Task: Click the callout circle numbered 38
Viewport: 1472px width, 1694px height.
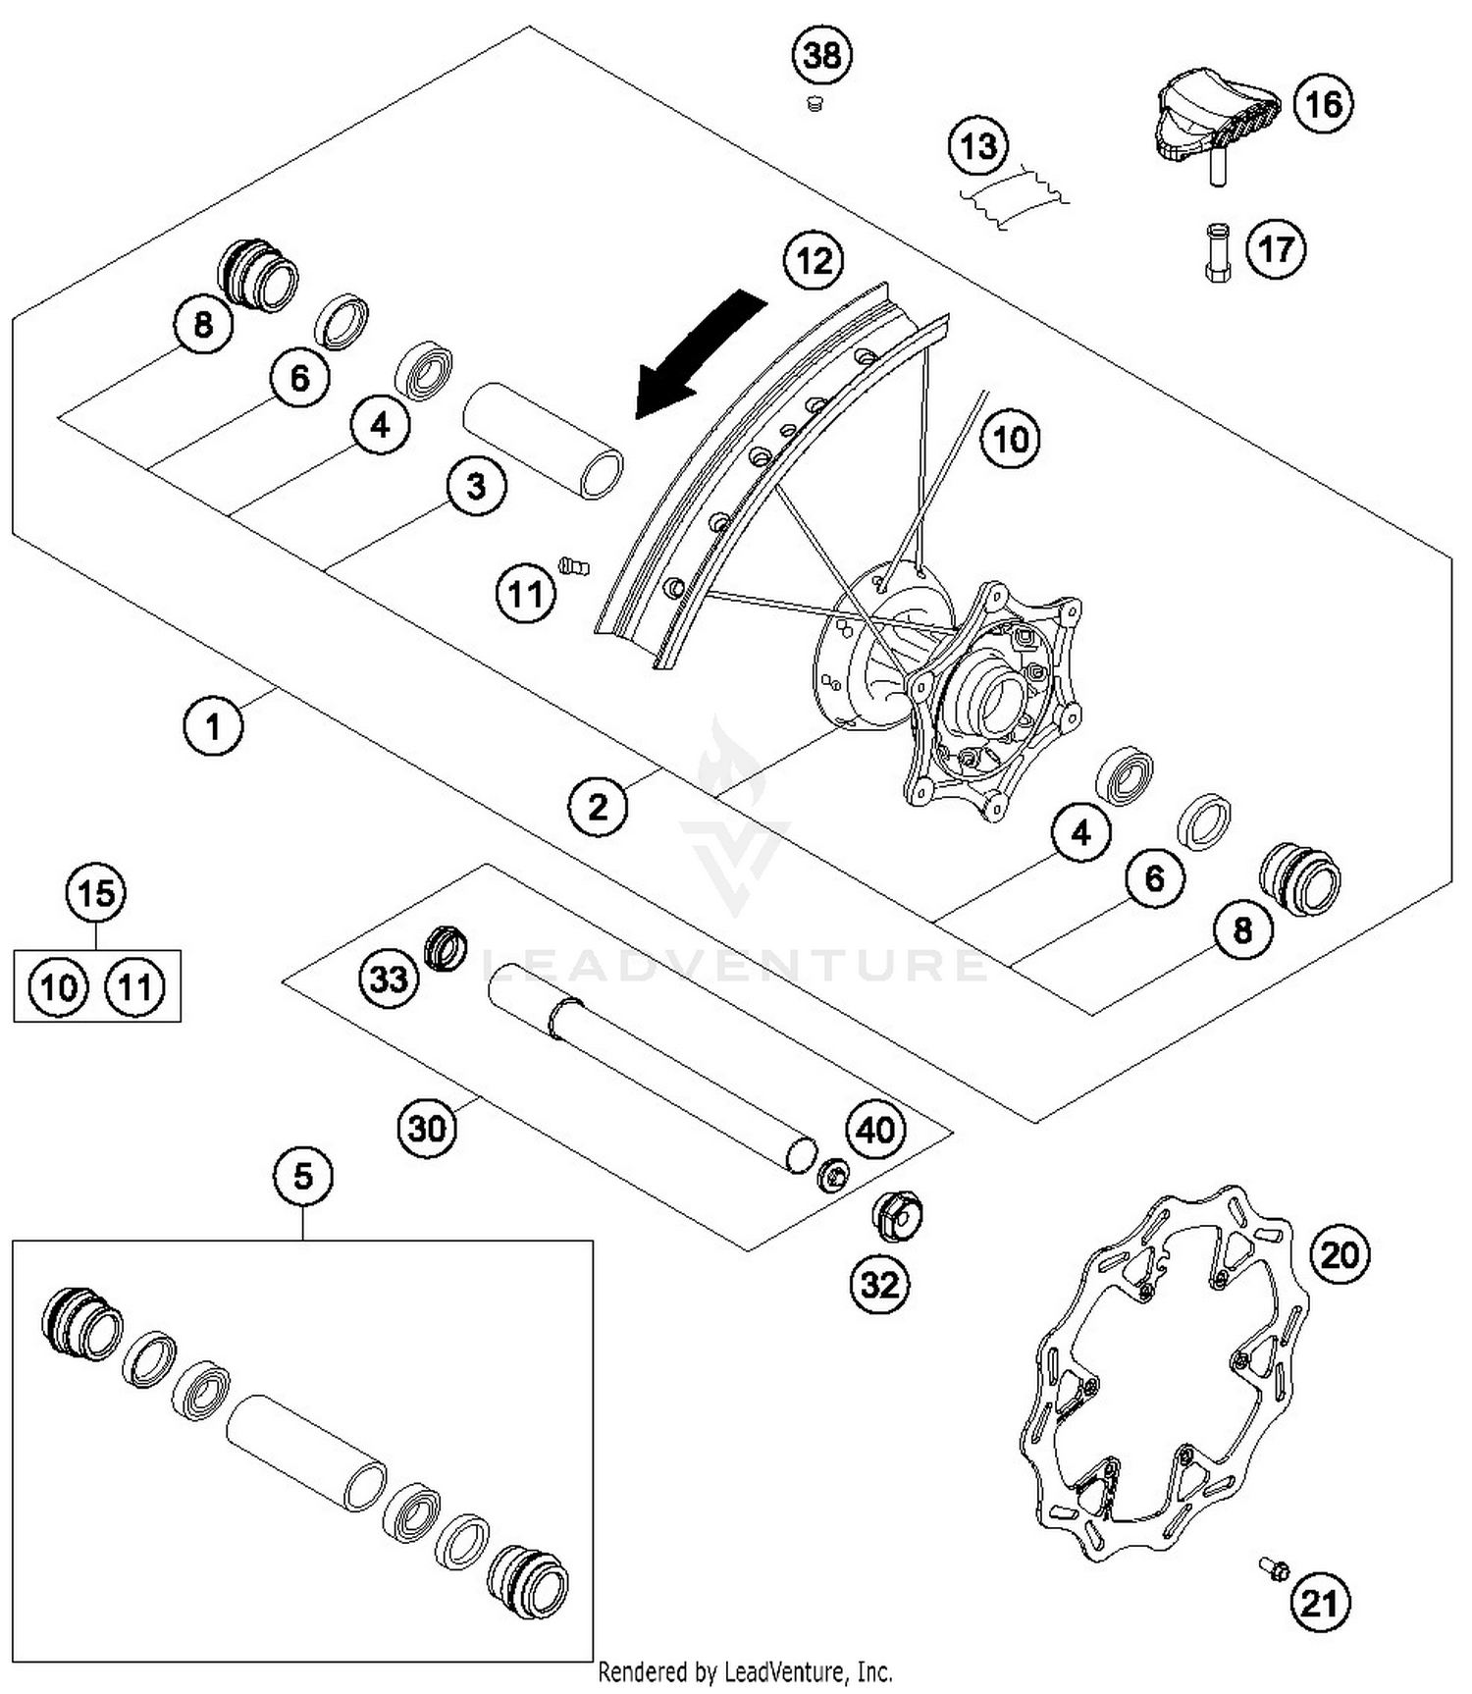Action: click(822, 56)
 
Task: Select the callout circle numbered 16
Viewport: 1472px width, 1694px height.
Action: click(1323, 103)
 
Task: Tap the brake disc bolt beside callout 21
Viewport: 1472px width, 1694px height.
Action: click(1276, 1568)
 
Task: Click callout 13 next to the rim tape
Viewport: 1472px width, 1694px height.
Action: click(978, 147)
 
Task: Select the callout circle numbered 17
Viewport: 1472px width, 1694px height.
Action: click(1276, 249)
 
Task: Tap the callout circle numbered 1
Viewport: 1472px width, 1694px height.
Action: click(213, 726)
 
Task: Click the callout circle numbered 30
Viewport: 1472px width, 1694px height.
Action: click(427, 1129)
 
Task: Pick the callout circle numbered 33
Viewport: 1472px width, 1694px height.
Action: click(389, 978)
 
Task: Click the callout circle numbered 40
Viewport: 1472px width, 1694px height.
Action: click(875, 1130)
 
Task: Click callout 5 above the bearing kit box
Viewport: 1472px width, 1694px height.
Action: click(302, 1175)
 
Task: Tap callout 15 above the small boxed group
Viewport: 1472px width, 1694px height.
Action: click(96, 893)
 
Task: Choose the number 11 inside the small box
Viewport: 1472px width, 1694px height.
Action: click(134, 986)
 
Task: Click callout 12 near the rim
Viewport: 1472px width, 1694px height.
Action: click(814, 261)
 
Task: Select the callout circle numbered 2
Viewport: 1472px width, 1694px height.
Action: click(598, 807)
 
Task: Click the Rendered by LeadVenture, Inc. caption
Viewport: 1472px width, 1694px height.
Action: click(745, 1671)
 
